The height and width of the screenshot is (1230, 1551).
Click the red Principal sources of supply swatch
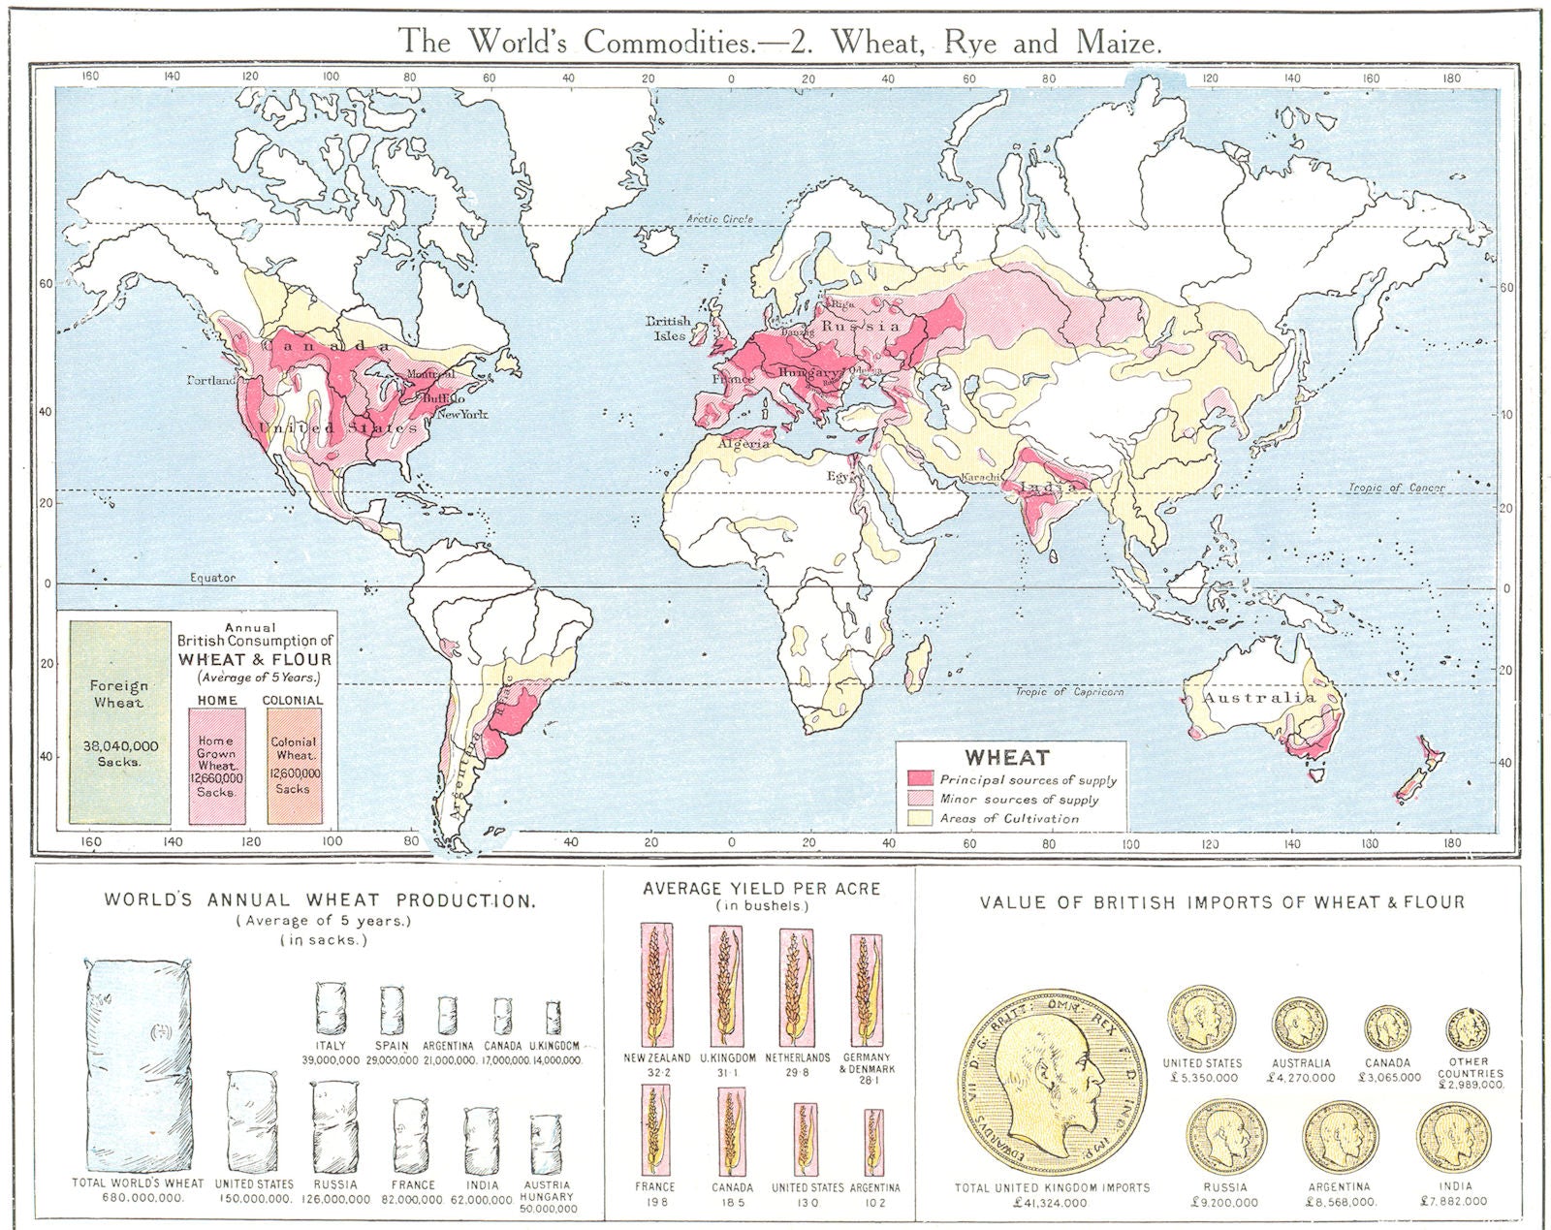coord(920,779)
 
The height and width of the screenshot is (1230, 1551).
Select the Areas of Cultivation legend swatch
coord(920,818)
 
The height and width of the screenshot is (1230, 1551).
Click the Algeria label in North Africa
coord(744,443)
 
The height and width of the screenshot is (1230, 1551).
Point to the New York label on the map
coord(461,414)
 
